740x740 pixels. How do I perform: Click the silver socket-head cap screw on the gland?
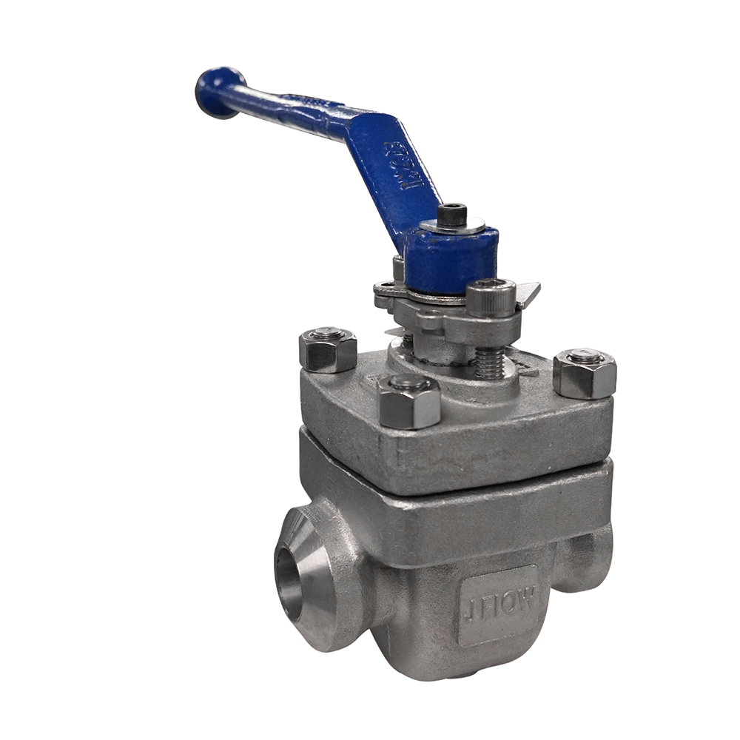click(491, 297)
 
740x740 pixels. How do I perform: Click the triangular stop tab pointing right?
click(527, 294)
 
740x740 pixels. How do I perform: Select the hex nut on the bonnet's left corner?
click(328, 351)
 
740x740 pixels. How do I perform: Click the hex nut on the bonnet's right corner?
click(585, 373)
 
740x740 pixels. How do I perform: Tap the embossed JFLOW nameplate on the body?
click(497, 602)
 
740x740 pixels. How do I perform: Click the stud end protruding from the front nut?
click(408, 383)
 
